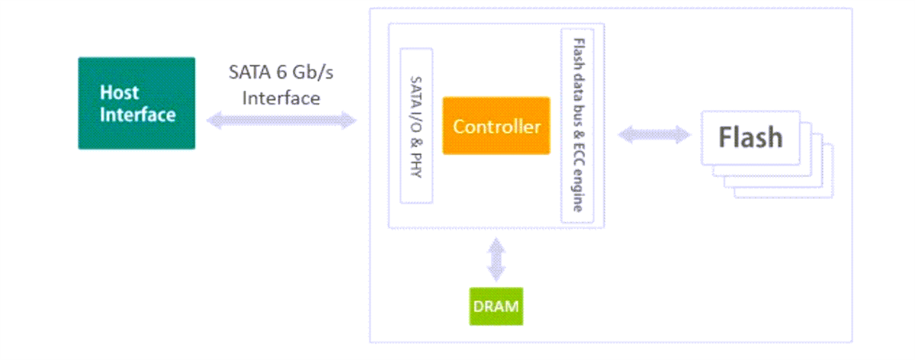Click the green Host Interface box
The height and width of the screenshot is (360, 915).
click(x=136, y=103)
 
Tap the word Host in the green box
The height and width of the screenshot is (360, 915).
click(x=120, y=92)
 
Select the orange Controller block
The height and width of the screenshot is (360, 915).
click(x=496, y=126)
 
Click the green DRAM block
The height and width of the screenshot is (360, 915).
click(x=496, y=307)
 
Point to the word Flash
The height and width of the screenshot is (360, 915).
click(x=750, y=137)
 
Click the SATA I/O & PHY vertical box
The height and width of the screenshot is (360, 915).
click(x=416, y=126)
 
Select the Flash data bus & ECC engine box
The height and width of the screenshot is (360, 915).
click(x=577, y=126)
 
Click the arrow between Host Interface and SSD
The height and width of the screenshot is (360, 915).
click(x=282, y=121)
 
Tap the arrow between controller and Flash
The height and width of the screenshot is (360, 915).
click(x=653, y=135)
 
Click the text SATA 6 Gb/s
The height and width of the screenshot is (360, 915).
click(x=281, y=74)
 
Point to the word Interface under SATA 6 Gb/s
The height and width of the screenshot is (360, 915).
click(x=281, y=98)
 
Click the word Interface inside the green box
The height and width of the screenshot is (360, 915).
click(x=138, y=115)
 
